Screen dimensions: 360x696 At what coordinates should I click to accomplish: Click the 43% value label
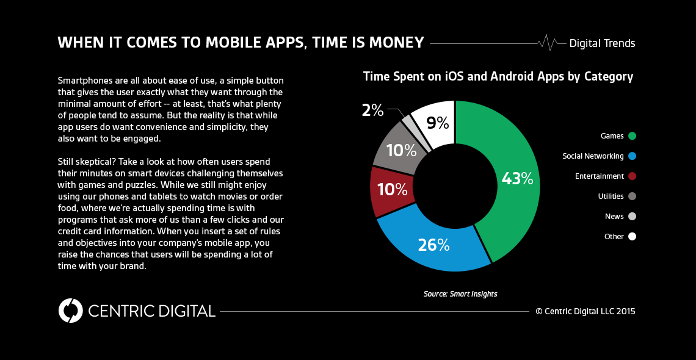coord(517,179)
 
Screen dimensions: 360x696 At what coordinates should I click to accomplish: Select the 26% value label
coord(433,245)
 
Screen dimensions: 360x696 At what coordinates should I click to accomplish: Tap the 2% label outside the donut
coord(372,110)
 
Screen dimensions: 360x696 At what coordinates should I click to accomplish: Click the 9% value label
coord(438,123)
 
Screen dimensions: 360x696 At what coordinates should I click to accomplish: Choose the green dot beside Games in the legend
coord(632,136)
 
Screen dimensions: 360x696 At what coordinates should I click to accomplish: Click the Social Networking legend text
coord(593,156)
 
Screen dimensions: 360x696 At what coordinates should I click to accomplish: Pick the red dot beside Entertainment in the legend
coord(632,176)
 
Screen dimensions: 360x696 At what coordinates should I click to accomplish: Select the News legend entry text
coord(614,217)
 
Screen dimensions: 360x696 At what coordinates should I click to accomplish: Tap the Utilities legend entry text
coord(611,196)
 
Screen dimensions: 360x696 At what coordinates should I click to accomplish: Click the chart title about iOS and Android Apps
coord(498,77)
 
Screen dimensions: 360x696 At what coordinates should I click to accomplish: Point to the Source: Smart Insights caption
coord(460,294)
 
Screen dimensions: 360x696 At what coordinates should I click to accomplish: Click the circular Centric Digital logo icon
coord(71,311)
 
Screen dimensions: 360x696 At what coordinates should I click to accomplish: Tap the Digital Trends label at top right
coord(602,43)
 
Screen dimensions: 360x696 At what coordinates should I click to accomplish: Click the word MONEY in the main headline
coord(394,43)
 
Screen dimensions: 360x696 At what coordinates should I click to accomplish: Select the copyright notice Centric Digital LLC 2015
coord(585,311)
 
